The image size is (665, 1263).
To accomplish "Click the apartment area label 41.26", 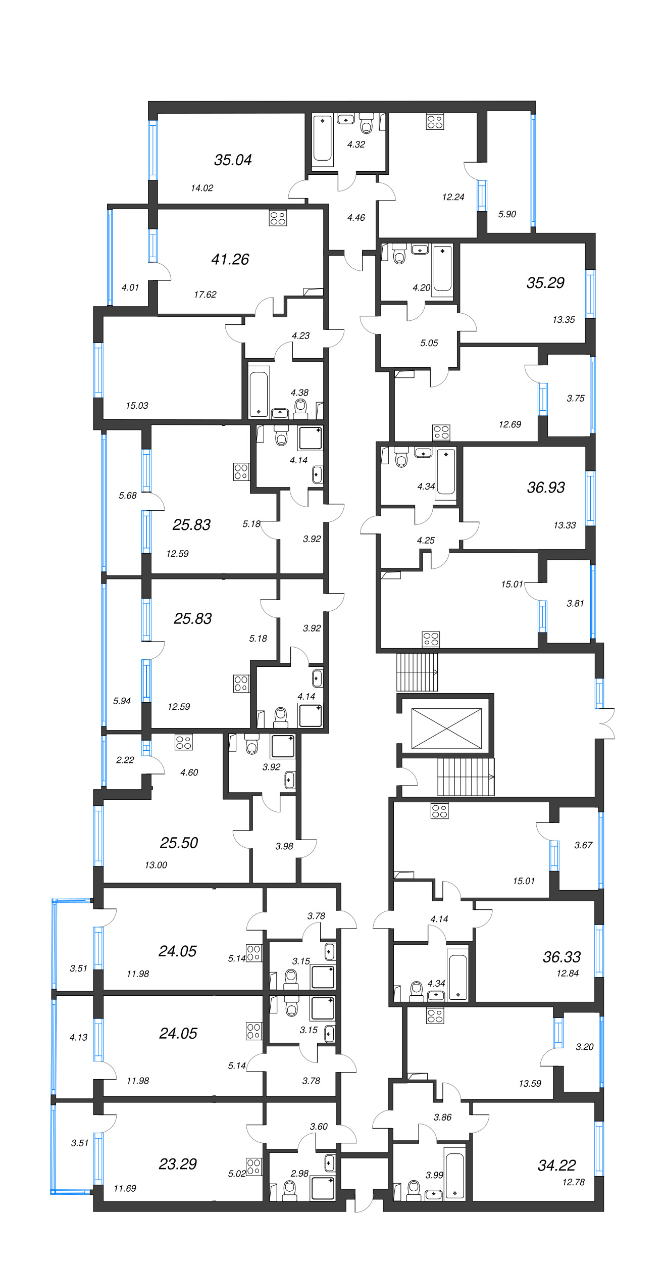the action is tap(230, 259).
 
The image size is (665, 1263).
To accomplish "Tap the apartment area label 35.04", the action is tap(233, 160).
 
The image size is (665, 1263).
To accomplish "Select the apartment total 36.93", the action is tap(546, 488).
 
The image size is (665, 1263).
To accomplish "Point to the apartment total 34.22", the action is tap(557, 1165).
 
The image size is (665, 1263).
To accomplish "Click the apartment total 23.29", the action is tap(178, 1164).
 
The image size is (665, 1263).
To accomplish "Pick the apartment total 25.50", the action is tap(179, 843).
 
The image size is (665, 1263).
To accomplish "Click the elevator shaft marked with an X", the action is tap(446, 728).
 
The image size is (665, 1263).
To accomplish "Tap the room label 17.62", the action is tap(205, 295).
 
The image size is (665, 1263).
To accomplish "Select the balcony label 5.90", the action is tap(507, 214).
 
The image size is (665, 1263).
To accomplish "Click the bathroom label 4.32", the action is tap(356, 144).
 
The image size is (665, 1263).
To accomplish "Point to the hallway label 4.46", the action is tap(356, 218).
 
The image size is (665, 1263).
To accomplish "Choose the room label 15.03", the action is tap(137, 406).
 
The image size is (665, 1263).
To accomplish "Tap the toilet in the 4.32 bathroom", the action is tap(367, 123).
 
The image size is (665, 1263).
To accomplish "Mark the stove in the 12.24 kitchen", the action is tap(435, 122).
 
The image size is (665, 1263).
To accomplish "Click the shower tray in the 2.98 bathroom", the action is tap(323, 1188).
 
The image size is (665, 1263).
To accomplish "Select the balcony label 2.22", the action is tap(125, 760).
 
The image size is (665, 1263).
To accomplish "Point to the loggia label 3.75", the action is tap(576, 399).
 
